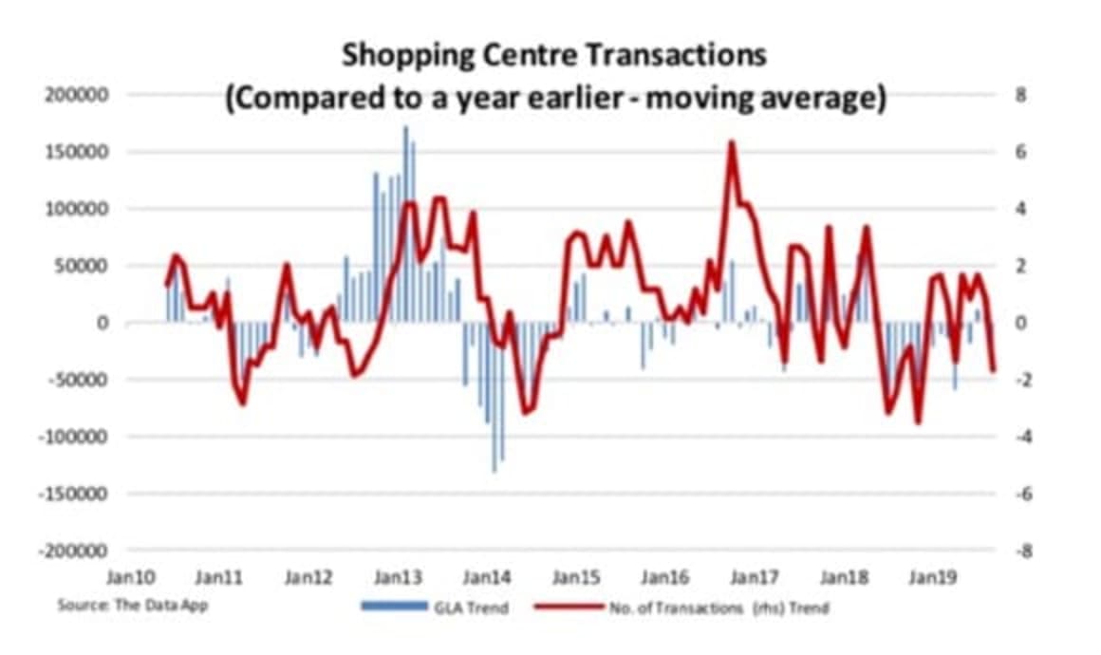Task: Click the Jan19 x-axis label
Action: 932,576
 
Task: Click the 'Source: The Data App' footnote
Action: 132,605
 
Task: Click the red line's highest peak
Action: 731,142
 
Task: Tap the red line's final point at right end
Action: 994,370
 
